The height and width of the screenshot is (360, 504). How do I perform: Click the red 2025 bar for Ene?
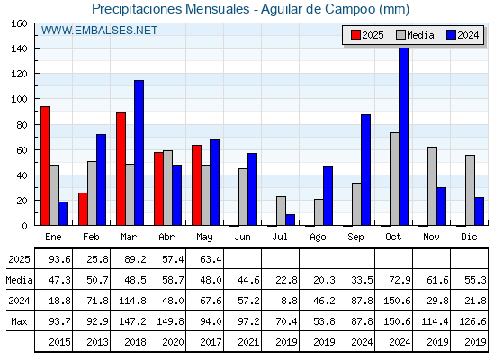click(45, 166)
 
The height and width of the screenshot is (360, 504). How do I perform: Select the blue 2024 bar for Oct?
click(404, 136)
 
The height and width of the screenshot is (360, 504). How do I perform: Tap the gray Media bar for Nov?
click(432, 186)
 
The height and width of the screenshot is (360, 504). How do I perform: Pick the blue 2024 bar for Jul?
click(290, 220)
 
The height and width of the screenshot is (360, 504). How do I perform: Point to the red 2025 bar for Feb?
click(83, 209)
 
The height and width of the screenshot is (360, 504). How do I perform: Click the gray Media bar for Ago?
click(319, 212)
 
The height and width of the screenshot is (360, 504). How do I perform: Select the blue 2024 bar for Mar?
click(139, 153)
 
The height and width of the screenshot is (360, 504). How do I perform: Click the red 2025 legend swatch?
click(355, 35)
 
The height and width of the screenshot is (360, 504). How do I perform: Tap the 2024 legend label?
click(468, 35)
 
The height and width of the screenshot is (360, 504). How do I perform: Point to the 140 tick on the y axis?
click(19, 49)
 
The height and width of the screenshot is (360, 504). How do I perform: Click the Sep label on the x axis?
click(355, 238)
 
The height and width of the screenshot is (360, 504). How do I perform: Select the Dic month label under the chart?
click(469, 237)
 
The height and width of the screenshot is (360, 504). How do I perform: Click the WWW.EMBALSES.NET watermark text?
click(99, 31)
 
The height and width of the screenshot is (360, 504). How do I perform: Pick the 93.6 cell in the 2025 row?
click(59, 259)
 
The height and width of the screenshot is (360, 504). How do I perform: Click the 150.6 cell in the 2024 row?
click(397, 301)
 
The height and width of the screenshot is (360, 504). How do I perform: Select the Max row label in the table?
click(19, 321)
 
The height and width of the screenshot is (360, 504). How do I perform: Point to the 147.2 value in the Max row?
click(132, 321)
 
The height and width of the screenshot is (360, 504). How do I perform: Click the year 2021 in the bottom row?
click(248, 342)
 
